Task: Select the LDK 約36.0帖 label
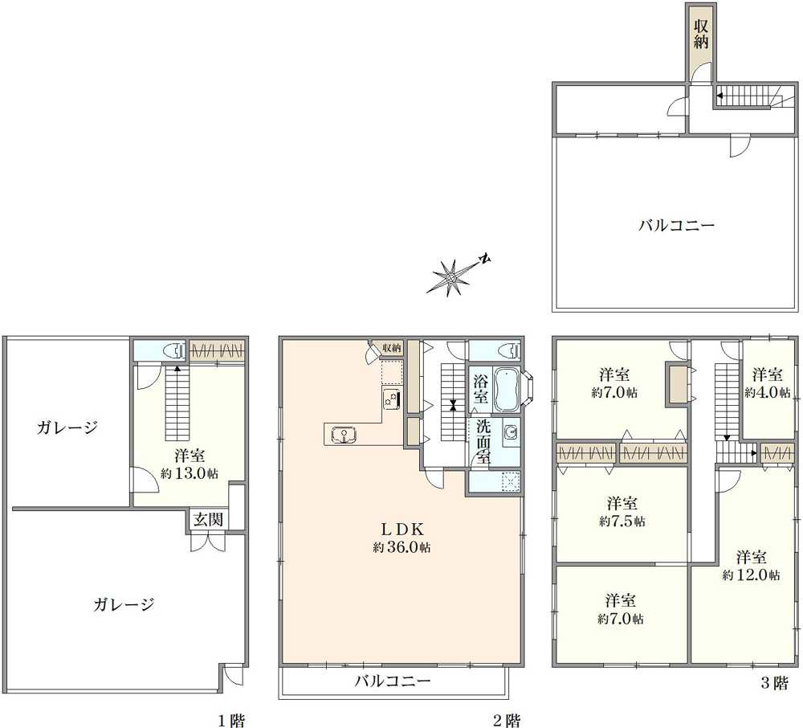pos(401,538)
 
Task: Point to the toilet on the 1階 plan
pos(170,351)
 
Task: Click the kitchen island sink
pos(344,435)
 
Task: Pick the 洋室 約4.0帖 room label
pos(768,383)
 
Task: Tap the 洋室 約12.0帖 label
pos(752,565)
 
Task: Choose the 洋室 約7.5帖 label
pos(622,512)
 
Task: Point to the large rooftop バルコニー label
pos(676,226)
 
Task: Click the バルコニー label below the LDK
pos(393,682)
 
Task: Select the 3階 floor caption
pos(774,684)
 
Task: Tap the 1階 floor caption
pos(231,720)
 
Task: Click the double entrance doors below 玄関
pos(207,543)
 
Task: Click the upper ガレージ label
pos(67,427)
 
